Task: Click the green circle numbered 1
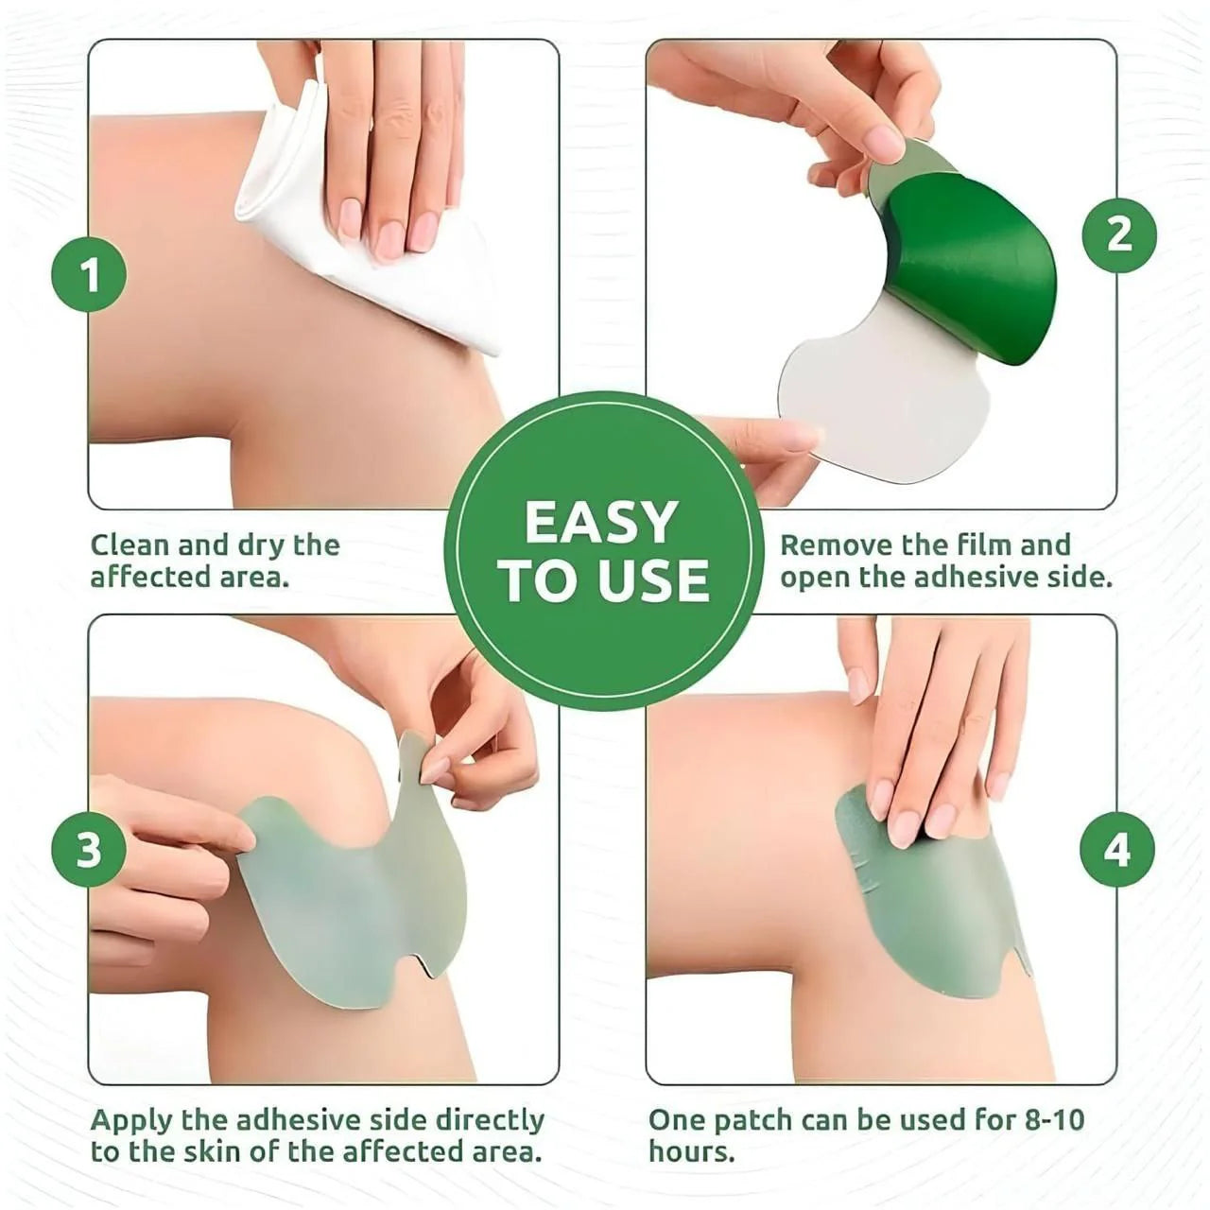[x=89, y=275]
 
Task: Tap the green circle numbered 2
[x=1119, y=233]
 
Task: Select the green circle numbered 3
[x=89, y=849]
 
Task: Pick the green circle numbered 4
[x=1117, y=849]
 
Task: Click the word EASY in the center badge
[x=602, y=523]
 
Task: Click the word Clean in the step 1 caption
[x=130, y=545]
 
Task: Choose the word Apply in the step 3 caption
[x=131, y=1122]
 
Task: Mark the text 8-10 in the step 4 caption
[x=1055, y=1120]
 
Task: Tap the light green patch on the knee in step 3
[x=350, y=898]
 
